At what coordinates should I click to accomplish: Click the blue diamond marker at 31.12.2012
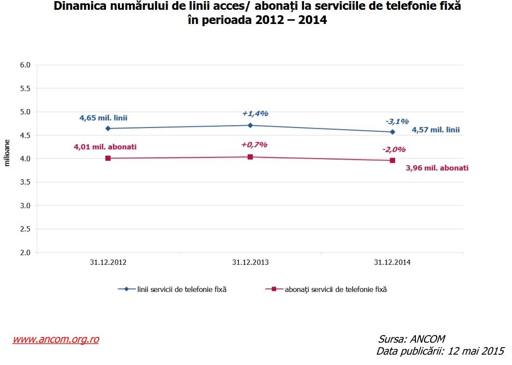[x=108, y=129]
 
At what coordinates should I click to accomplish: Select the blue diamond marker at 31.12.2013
[x=250, y=125]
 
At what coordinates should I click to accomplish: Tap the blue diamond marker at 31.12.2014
[x=392, y=132]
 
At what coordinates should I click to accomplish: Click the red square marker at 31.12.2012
[x=108, y=158]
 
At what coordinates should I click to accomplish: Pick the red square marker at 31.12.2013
[x=250, y=157]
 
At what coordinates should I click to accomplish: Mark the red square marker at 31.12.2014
[x=392, y=160]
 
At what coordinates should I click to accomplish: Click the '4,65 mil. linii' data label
[x=103, y=117]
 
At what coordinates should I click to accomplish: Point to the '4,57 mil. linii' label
[x=436, y=130]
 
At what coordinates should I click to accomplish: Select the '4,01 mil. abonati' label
[x=105, y=147]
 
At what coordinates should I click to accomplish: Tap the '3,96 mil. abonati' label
[x=437, y=168]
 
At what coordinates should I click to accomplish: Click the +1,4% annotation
[x=255, y=113]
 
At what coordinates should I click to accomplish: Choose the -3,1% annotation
[x=397, y=121]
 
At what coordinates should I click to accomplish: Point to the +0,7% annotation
[x=254, y=144]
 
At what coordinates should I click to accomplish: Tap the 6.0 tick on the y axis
[x=25, y=65]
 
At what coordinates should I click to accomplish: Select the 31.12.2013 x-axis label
[x=250, y=262]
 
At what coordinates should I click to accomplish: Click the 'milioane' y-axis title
[x=8, y=154]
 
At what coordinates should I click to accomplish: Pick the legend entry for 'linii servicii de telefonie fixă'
[x=180, y=289]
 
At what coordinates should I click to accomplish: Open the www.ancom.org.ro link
[x=56, y=339]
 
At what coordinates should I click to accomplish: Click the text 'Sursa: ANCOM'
[x=411, y=339]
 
